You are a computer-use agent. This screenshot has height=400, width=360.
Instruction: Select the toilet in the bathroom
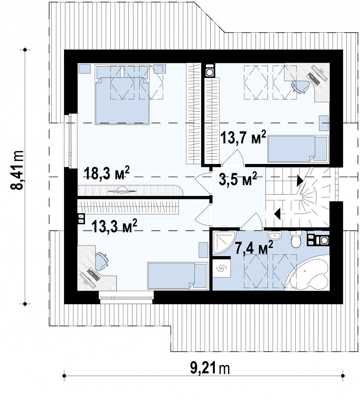click(296, 239)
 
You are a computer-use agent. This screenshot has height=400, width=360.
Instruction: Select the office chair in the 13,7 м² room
click(300, 86)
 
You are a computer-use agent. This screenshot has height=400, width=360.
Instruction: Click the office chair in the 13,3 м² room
click(102, 261)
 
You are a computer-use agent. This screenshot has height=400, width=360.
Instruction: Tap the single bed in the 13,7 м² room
click(298, 149)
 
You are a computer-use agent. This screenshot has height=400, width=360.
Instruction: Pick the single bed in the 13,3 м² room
click(177, 276)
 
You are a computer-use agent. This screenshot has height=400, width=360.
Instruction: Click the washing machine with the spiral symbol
click(221, 268)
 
